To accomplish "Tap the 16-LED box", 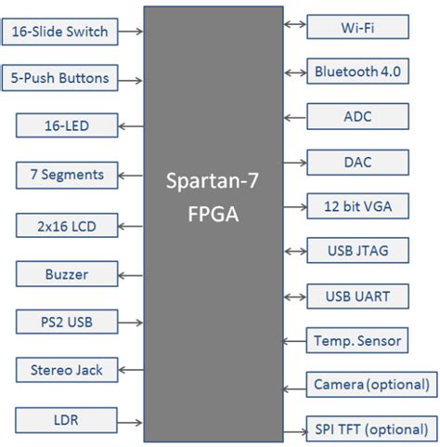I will coord(66,125).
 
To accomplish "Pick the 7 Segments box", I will coord(66,174).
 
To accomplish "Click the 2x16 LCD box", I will coord(66,224).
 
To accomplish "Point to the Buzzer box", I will coord(66,274).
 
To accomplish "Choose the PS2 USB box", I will coord(66,322).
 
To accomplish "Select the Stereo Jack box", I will coord(66,370).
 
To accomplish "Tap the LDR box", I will coord(66,420).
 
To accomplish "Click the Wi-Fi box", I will coord(357,27).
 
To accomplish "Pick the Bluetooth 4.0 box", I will coord(357,72).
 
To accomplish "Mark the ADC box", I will coord(357,116).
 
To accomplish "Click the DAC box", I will coord(357,162).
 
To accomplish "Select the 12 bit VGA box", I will coord(357,206).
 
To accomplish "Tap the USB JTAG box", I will coord(357,251).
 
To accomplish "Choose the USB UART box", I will coord(357,296).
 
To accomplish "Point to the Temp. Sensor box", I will coord(357,341).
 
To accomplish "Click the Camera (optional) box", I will coord(371,385).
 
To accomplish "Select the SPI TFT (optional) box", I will coord(371,430).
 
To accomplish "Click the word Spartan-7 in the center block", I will coord(214,183).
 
